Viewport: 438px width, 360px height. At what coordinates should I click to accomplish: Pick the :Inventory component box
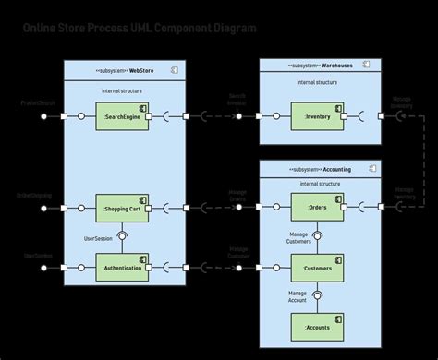coord(318,117)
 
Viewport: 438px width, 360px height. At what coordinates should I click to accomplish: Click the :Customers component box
coord(318,268)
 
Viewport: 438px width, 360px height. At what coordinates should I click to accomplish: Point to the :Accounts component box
coord(318,326)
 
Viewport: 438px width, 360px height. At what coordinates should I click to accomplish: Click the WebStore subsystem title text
coord(141,70)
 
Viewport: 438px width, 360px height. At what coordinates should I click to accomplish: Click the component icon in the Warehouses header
coord(367,66)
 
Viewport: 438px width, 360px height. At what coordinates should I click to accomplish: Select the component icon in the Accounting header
coord(372,169)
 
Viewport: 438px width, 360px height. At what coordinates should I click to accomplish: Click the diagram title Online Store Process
coord(140,29)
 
